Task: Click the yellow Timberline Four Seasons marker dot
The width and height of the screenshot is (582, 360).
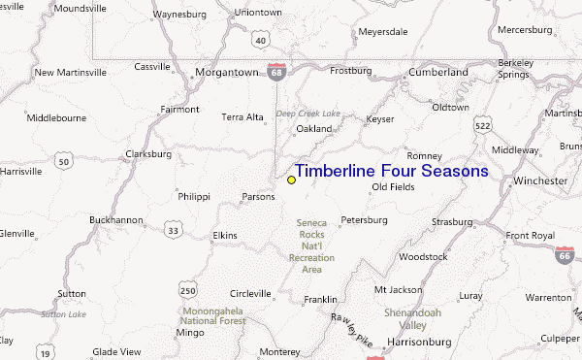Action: point(291,180)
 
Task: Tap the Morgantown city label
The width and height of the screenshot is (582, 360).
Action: point(226,72)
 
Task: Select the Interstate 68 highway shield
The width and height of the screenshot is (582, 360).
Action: point(279,71)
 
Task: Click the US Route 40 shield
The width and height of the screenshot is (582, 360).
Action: point(259,40)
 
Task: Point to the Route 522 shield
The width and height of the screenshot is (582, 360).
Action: point(482,125)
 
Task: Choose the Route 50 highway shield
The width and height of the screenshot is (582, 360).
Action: point(64,161)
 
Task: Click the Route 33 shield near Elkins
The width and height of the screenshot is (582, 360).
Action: point(172,230)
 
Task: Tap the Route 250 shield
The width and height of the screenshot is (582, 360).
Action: point(188,290)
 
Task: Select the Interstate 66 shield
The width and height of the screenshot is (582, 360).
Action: point(565,255)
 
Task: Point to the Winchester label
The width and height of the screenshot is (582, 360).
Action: point(540,181)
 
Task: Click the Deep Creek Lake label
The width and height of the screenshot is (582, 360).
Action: point(307,114)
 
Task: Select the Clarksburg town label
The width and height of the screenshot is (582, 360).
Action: point(148,153)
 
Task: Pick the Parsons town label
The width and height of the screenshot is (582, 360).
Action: point(258,197)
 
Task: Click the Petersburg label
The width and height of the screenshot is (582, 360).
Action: point(365,220)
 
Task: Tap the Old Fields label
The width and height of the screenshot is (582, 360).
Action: point(393,187)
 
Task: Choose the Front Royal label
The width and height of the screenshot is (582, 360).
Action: point(530,236)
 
